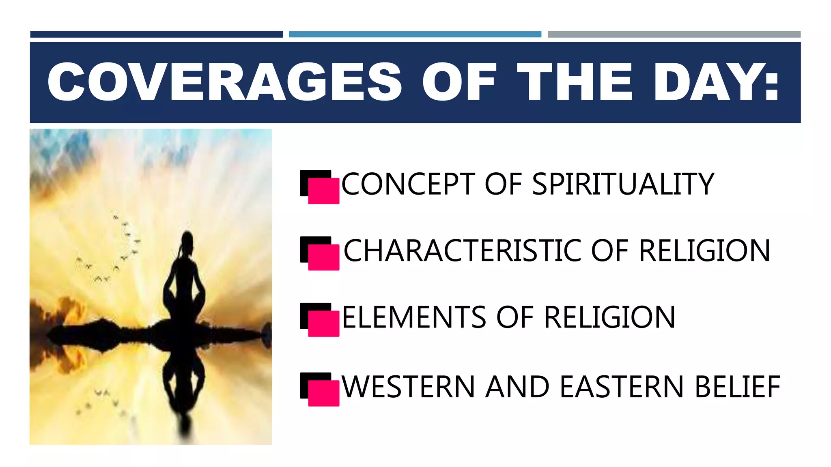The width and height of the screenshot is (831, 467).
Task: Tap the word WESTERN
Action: point(408,387)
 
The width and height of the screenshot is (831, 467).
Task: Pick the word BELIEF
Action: point(737,387)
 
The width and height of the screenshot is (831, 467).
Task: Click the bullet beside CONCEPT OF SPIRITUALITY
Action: point(320,187)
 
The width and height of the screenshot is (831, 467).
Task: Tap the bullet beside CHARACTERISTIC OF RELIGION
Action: point(320,253)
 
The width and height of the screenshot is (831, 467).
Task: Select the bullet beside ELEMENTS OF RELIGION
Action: point(320,320)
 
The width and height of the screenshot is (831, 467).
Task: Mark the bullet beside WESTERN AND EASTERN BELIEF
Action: point(320,390)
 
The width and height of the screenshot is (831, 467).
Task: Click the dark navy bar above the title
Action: point(156,34)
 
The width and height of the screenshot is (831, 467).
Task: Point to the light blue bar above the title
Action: point(415,34)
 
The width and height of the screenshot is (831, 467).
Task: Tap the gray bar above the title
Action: point(674,34)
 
